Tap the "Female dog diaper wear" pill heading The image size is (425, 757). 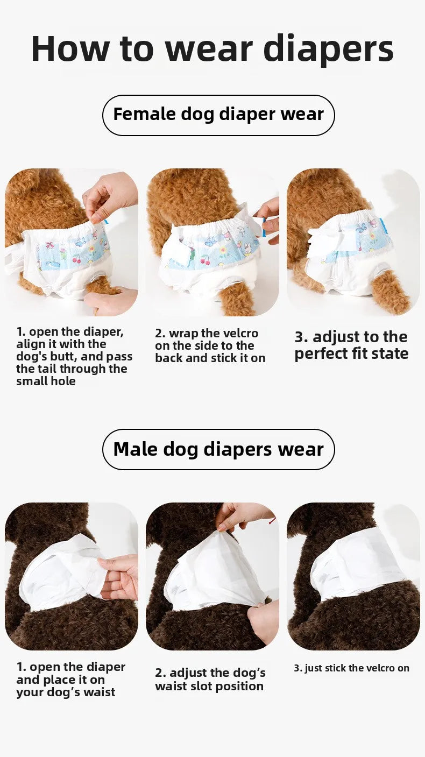click(218, 115)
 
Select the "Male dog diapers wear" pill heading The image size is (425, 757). click(218, 449)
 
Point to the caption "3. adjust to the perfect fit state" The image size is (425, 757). click(351, 345)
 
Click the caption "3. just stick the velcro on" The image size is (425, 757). click(351, 668)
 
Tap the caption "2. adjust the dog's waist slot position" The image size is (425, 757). click(210, 680)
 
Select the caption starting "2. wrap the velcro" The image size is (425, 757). click(210, 346)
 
